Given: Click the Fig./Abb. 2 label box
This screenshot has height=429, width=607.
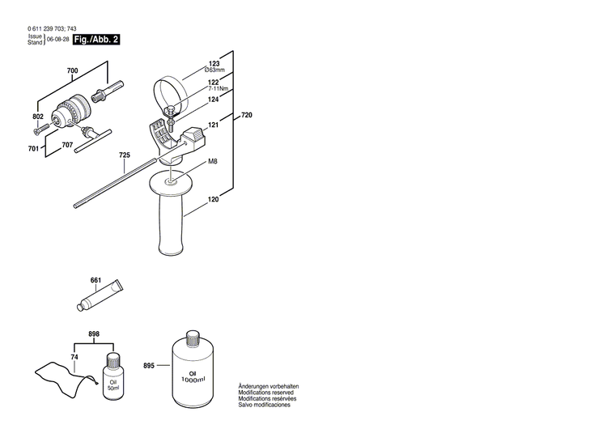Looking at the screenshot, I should [x=96, y=39].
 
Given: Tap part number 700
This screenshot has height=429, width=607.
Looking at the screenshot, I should [x=73, y=72].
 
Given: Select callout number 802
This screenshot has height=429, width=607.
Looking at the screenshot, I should [x=37, y=117].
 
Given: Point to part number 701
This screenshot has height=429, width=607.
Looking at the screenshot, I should [x=33, y=149].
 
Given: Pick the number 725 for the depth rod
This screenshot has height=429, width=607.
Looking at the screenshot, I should [x=125, y=155].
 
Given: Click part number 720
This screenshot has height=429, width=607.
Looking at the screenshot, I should [x=247, y=117].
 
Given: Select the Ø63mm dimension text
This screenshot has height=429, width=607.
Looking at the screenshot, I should [x=214, y=71].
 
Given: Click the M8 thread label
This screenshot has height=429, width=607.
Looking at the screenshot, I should [x=213, y=162].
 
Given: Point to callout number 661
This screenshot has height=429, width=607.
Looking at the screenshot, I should [x=96, y=281].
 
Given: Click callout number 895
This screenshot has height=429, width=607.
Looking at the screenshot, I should [x=149, y=344].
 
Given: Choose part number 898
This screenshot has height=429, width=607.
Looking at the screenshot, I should [x=93, y=334].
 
